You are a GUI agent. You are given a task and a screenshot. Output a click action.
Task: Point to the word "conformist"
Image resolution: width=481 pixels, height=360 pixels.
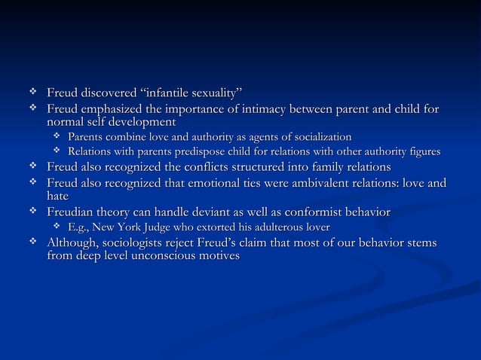point(308,212)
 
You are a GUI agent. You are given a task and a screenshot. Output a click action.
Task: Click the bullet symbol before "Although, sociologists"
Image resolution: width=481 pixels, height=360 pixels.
point(32,242)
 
